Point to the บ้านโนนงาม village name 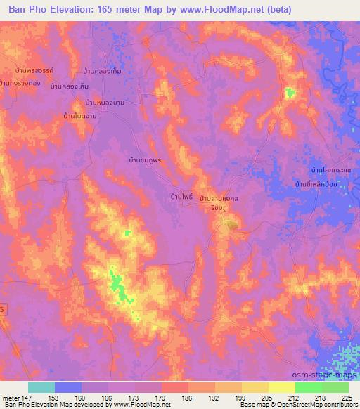pyautogui.click(x=79, y=115)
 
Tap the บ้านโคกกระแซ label pyautogui.click(x=330, y=171)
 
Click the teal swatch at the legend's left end pyautogui.click(x=41, y=387)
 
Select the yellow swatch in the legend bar pyautogui.click(x=282, y=387)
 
